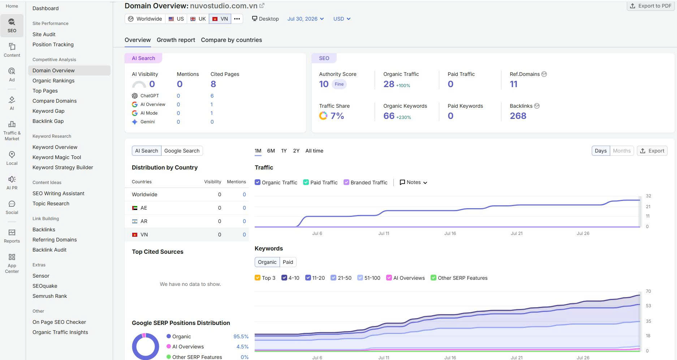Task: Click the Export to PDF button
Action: click(650, 6)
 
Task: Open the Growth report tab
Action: click(176, 40)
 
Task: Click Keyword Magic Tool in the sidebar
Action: click(57, 157)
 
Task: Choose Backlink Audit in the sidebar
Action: click(49, 250)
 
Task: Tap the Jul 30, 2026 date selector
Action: click(306, 19)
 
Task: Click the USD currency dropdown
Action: click(342, 19)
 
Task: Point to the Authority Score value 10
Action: click(324, 84)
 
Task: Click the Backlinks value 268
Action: click(518, 116)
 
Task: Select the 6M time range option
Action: click(271, 151)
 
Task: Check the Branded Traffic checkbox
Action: click(346, 182)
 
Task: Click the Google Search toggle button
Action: click(182, 151)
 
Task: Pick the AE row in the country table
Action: click(186, 208)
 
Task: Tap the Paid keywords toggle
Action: click(288, 262)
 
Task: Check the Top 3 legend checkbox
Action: click(258, 278)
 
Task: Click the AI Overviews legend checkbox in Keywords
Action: click(389, 278)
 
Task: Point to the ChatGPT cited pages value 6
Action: click(212, 96)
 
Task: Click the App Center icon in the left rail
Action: click(12, 257)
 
